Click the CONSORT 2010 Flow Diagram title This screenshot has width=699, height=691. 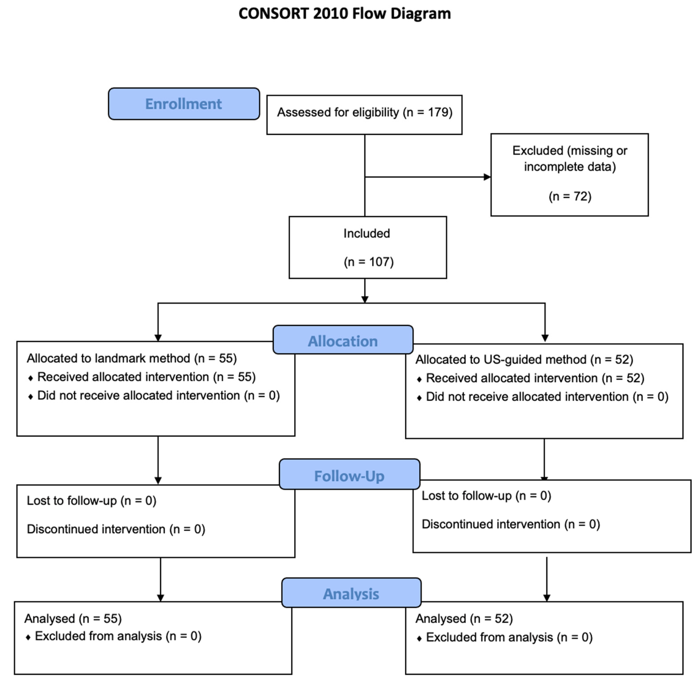pos(344,14)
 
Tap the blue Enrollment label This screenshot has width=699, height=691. pos(184,104)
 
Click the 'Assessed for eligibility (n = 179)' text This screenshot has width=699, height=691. pos(365,113)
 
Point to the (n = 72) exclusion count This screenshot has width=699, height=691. pos(570,196)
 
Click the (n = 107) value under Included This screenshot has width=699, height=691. pos(369,262)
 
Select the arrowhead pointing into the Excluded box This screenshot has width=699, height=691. pos(487,177)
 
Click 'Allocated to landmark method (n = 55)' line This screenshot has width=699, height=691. pos(132,359)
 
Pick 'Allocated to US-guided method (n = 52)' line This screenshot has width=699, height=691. pos(524,360)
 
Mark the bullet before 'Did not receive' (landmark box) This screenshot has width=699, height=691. pos(30,397)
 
